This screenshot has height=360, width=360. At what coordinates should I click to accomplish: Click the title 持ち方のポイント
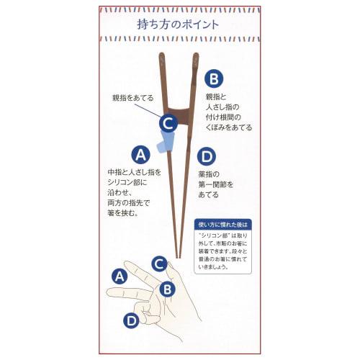[x=178, y=24]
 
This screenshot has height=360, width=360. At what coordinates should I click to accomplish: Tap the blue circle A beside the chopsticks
[x=140, y=154]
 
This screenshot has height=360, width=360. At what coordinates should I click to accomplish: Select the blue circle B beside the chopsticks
[x=214, y=78]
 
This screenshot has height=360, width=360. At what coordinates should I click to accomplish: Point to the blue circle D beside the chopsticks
[x=207, y=156]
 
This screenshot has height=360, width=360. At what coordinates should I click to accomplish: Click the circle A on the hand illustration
[x=120, y=275]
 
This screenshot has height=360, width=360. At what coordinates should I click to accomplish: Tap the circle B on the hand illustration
[x=166, y=289]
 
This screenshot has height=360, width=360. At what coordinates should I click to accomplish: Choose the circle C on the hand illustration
[x=159, y=264]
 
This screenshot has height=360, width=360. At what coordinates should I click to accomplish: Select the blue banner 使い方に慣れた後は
[x=226, y=223]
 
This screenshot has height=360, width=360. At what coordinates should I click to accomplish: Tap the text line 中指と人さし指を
[x=135, y=174]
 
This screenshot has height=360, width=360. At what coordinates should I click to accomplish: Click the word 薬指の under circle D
[x=208, y=174]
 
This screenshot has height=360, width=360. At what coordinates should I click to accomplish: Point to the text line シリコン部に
[x=128, y=184]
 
